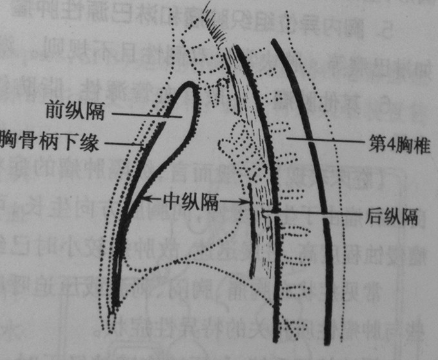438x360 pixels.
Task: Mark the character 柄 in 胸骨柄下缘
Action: pos(50,142)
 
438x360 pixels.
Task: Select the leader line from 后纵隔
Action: pos(316,211)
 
